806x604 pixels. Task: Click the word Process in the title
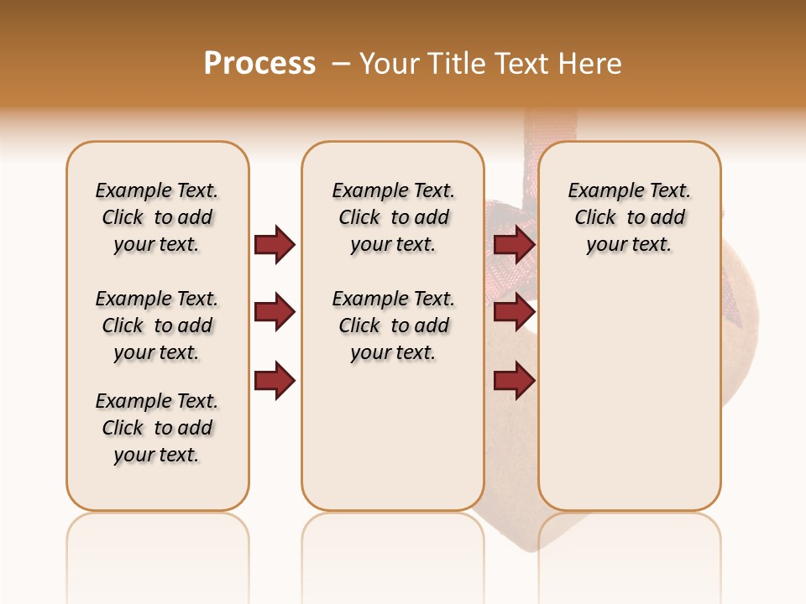point(259,64)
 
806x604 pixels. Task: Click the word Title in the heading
point(457,64)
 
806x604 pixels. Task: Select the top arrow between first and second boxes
point(275,244)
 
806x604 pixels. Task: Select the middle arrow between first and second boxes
point(275,313)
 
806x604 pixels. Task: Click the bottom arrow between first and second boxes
point(275,382)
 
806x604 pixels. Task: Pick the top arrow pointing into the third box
point(514,244)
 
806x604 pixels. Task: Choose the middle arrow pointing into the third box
point(514,313)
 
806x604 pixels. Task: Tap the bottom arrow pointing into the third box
point(514,382)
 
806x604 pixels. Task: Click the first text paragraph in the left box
point(156,217)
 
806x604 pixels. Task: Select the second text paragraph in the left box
point(156,325)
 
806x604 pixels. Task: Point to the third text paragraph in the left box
point(156,428)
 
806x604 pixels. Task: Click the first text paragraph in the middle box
point(393,217)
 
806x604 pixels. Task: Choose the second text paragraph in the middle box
point(393,325)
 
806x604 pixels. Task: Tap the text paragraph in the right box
point(629,217)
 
